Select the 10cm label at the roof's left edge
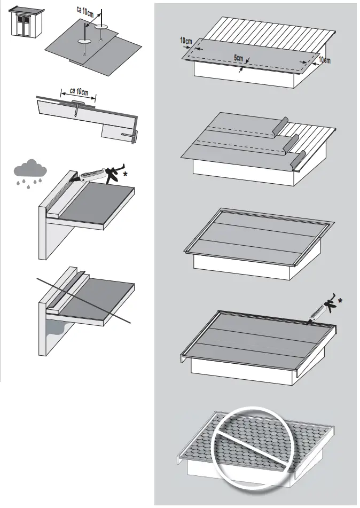186,41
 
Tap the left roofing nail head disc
85,41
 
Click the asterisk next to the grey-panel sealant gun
340,301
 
